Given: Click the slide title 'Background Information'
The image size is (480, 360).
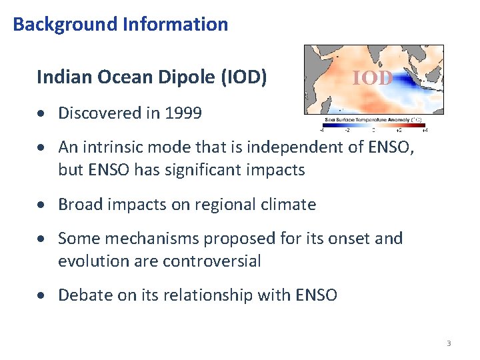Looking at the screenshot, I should tap(120, 25).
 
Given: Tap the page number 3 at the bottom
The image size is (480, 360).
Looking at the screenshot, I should tap(449, 343).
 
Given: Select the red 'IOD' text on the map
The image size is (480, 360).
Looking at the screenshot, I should tap(372, 79).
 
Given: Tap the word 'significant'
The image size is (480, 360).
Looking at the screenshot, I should tap(197, 170).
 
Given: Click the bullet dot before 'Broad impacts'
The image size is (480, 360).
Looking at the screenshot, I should tap(45, 205).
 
